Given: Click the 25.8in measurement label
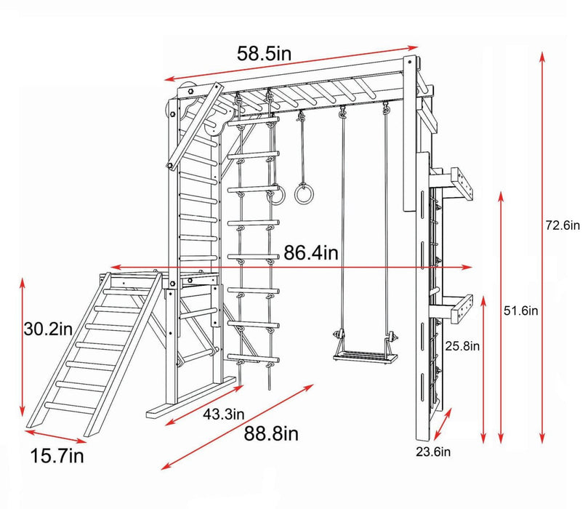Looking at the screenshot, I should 462,346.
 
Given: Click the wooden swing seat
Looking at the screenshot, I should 362,354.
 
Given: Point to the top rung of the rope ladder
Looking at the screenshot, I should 254,124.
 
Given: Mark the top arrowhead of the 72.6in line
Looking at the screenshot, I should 541,55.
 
